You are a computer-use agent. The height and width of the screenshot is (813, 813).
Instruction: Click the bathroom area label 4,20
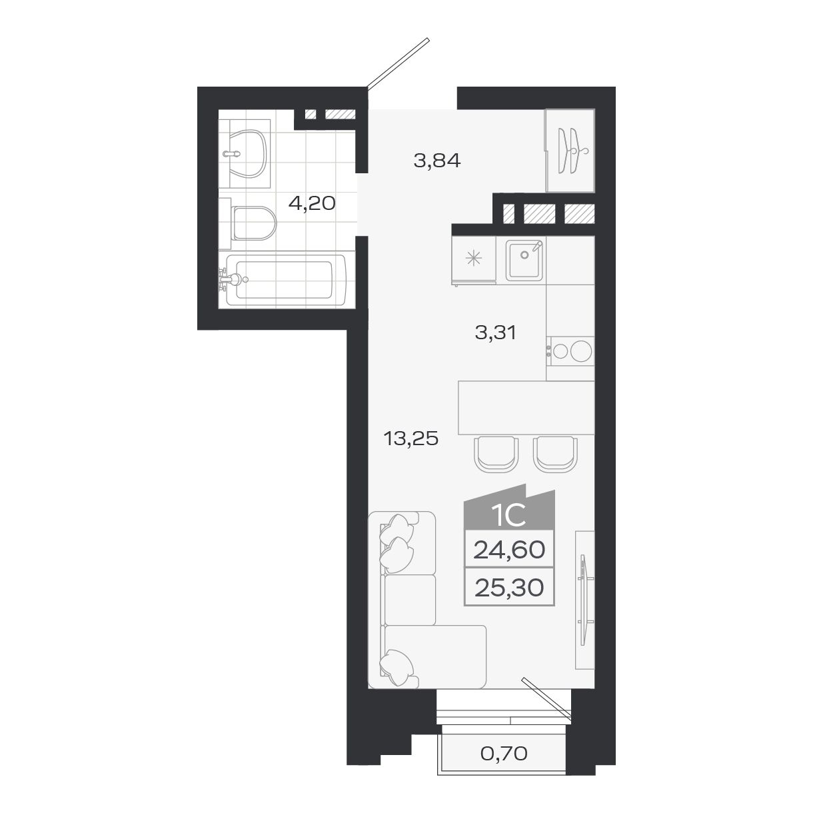[311, 203]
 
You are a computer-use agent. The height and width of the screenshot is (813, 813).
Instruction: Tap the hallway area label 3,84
[436, 161]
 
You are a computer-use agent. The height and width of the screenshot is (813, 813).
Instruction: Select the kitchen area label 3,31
[495, 332]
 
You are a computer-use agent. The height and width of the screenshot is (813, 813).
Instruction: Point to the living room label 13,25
[410, 438]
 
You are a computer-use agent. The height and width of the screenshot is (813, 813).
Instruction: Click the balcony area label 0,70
[504, 754]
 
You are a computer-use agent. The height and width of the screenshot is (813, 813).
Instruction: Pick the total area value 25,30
[509, 587]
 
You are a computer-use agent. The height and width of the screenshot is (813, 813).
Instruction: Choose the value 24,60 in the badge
[509, 550]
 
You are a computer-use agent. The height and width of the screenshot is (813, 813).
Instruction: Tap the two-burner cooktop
[570, 351]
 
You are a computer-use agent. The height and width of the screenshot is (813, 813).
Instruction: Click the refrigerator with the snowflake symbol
[474, 261]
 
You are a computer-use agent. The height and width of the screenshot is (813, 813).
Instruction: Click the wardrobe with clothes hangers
[570, 151]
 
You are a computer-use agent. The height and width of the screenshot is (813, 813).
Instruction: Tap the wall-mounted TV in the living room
[584, 600]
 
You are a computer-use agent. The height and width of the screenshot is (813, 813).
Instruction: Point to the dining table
[526, 407]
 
